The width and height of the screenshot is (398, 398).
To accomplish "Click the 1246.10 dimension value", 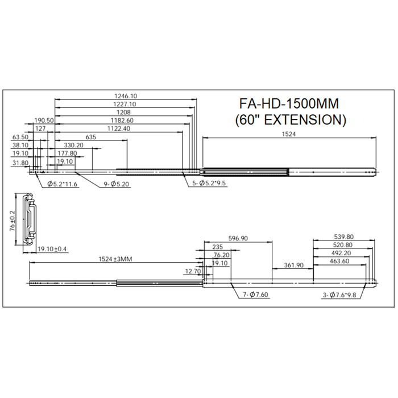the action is tap(126, 96).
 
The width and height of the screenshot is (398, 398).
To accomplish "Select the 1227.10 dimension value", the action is tap(125, 104).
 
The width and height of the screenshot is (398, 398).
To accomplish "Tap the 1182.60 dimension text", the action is tap(122, 121).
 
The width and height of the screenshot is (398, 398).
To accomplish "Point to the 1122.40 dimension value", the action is tap(119, 128).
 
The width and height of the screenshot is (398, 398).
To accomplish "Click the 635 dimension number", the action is tap(91, 137).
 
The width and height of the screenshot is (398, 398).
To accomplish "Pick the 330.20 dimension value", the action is tap(73, 145).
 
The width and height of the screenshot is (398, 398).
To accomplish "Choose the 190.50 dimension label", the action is tap(44, 121).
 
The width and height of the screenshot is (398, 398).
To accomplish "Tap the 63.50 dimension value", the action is tap(20, 137).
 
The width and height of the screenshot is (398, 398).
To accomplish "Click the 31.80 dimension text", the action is tap(20, 163).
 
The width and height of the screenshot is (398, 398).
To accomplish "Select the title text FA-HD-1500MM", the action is tap(289, 103).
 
